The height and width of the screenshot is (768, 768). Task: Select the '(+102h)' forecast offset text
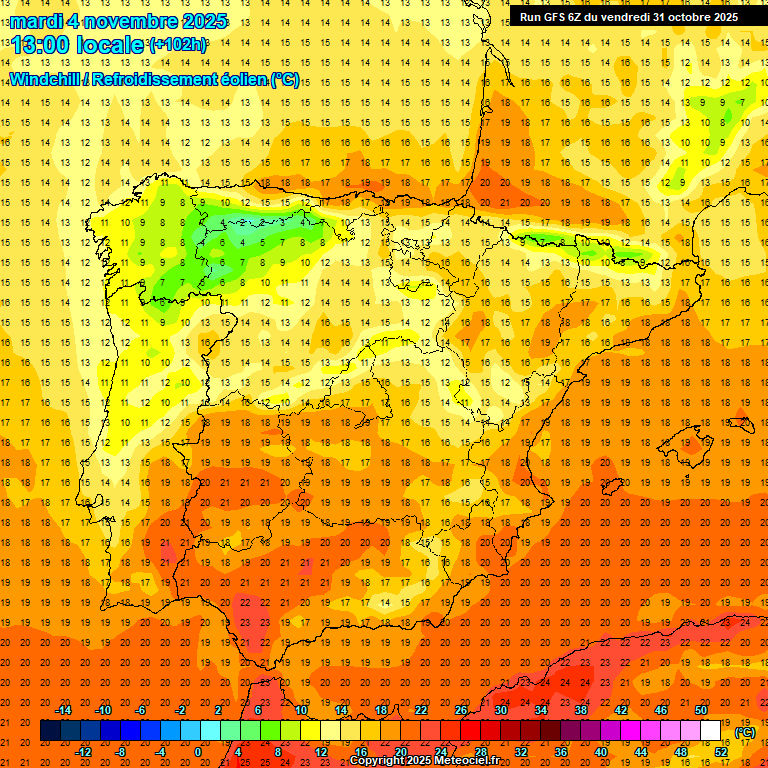click(x=178, y=44)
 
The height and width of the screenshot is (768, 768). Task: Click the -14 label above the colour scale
click(x=64, y=710)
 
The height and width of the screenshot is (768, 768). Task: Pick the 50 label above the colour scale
click(x=701, y=710)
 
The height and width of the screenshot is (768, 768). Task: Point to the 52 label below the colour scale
click(x=721, y=752)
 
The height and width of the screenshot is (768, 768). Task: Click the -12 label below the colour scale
click(x=85, y=752)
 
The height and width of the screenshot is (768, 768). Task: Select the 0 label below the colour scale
click(x=198, y=752)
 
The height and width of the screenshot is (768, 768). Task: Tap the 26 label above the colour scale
click(x=461, y=710)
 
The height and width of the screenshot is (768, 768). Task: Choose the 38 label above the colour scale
click(x=581, y=710)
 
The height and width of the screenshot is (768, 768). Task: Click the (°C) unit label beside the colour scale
click(x=745, y=732)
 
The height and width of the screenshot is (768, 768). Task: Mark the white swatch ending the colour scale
click(x=711, y=731)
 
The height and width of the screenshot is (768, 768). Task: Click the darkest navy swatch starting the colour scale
click(x=50, y=731)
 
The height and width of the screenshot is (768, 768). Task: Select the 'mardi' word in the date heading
click(x=37, y=21)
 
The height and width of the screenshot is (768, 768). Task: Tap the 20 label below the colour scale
click(x=401, y=752)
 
